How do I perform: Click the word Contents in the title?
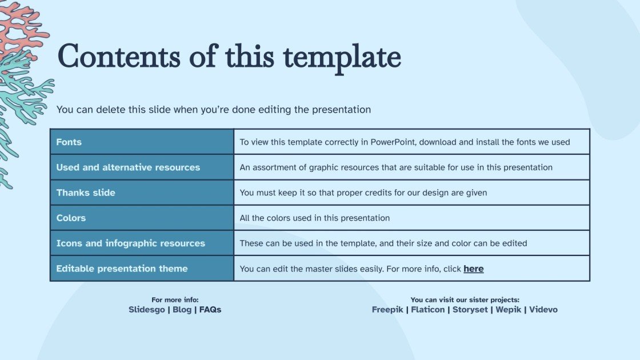click(119, 56)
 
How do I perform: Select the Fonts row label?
click(69, 142)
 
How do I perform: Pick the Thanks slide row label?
click(86, 193)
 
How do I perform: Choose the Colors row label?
click(71, 218)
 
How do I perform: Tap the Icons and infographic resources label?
click(131, 243)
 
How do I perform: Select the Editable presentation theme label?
click(122, 269)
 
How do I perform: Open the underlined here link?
click(474, 269)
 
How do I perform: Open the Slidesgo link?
click(147, 309)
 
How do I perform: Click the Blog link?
click(182, 309)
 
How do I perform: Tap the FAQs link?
click(210, 309)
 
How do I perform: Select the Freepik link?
click(387, 309)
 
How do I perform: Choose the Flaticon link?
click(428, 309)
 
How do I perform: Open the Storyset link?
click(470, 309)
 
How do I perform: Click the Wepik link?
click(508, 309)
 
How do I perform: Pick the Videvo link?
click(543, 309)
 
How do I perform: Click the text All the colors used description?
click(315, 218)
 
